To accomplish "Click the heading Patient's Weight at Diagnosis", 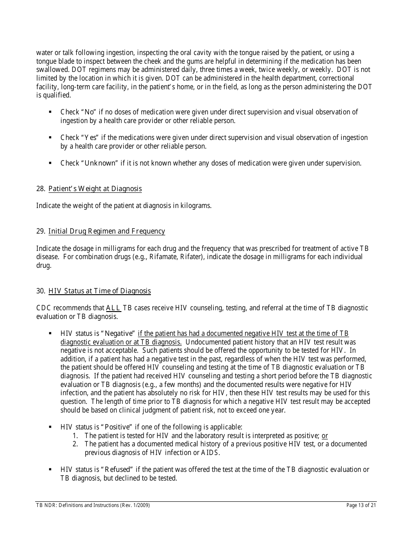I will pos(95,188).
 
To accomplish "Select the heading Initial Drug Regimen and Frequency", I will pos(107,231).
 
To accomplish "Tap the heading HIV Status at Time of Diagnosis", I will pos(100,291).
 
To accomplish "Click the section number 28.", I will pos(40,188).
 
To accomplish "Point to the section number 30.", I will pos(40,291).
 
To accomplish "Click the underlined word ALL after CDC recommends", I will pos(113,308).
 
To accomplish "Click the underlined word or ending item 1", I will pos(325,435).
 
